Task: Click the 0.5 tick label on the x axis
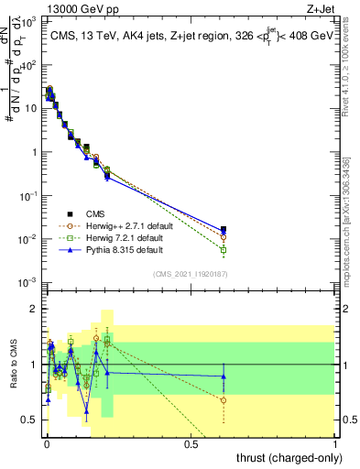click(191, 445)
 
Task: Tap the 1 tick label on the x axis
click(336, 445)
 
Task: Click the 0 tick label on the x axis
click(46, 445)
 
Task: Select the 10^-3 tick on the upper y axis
click(27, 281)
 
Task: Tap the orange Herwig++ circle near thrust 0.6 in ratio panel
click(224, 399)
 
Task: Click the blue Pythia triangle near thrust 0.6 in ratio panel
click(224, 376)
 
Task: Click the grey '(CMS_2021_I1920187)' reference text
click(190, 274)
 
